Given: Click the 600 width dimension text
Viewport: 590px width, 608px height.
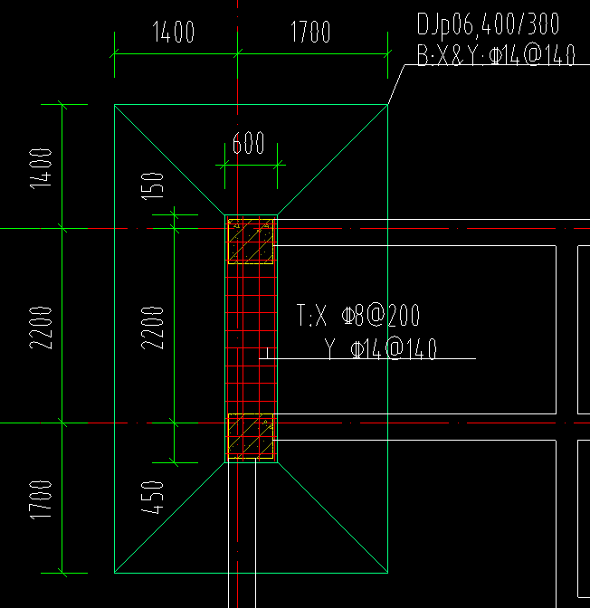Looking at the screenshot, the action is pyautogui.click(x=248, y=143).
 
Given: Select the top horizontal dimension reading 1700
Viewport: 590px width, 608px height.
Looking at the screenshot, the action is pyautogui.click(x=310, y=32).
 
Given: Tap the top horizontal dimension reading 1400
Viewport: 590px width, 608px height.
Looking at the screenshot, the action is pyautogui.click(x=174, y=32).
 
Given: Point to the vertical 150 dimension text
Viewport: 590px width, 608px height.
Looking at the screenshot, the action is pyautogui.click(x=152, y=186).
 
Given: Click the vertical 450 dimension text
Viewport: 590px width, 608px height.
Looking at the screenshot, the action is pyautogui.click(x=152, y=498).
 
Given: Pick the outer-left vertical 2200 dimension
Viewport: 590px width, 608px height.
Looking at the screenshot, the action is pyautogui.click(x=41, y=328).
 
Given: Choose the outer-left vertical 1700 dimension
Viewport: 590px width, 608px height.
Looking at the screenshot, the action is pyautogui.click(x=41, y=500).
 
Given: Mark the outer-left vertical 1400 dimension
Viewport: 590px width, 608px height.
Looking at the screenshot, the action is pyautogui.click(x=41, y=168).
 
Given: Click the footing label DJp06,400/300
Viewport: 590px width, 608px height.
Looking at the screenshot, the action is pyautogui.click(x=488, y=24).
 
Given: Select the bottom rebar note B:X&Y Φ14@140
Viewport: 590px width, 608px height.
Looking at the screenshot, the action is pyautogui.click(x=496, y=55).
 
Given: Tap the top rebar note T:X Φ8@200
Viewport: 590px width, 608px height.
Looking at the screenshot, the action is pyautogui.click(x=358, y=315).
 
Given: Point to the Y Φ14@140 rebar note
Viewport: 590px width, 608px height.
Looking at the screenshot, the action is pyautogui.click(x=381, y=349).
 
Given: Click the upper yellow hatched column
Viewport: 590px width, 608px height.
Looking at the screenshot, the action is pyautogui.click(x=251, y=242).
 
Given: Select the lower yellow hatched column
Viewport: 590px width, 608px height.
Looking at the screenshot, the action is pyautogui.click(x=251, y=436).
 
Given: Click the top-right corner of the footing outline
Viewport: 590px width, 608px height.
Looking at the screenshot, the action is pyautogui.click(x=388, y=105).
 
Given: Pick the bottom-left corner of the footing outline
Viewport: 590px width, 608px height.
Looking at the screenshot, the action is pyautogui.click(x=114, y=573).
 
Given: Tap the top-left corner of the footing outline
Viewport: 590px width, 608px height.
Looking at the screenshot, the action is pyautogui.click(x=114, y=105).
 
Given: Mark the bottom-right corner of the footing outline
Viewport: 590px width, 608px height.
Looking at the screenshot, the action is pyautogui.click(x=388, y=573).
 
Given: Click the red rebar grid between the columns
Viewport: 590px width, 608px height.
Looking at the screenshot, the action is pyautogui.click(x=251, y=339).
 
